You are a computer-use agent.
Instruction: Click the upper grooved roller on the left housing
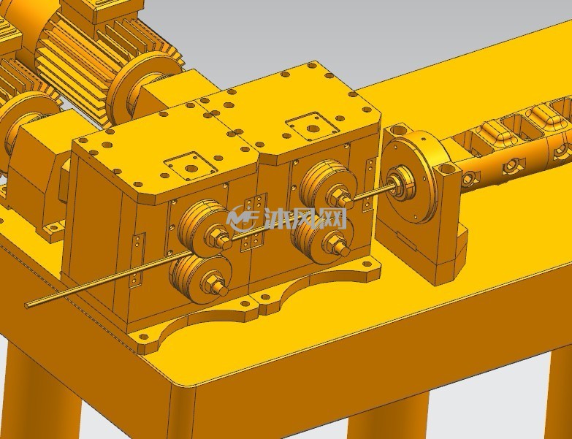click(199, 226)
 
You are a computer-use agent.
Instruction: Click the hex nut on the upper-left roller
click(216, 237)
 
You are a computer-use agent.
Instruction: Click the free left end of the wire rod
click(26, 305)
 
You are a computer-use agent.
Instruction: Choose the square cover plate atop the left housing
click(190, 167)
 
